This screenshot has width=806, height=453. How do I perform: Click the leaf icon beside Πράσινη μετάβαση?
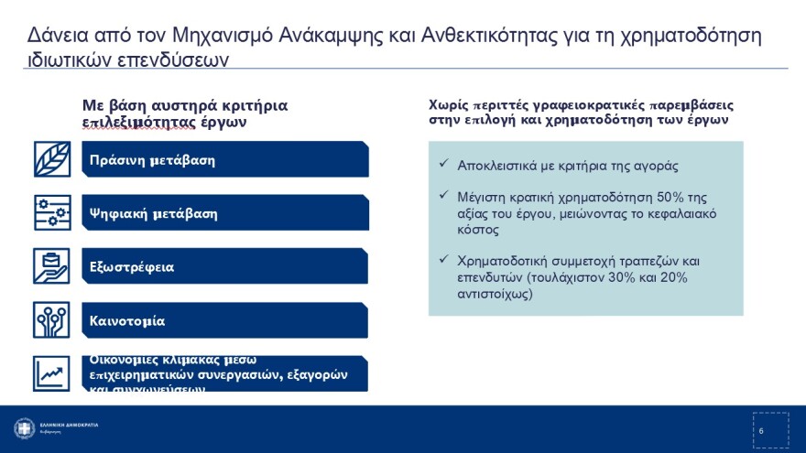tap(52, 159)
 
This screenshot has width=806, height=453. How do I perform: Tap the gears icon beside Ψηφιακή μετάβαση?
tap(52, 213)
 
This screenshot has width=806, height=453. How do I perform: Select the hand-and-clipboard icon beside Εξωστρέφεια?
tap(52, 266)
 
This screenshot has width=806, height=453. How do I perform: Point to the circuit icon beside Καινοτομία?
tap(52, 320)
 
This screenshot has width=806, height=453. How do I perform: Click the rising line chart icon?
tap(52, 373)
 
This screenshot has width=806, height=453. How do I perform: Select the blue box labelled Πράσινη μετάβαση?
tap(225, 159)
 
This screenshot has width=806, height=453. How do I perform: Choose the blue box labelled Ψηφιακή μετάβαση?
tap(225, 213)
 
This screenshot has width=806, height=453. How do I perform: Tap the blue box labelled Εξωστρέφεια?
tap(225, 266)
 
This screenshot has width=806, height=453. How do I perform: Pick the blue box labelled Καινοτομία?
tap(225, 320)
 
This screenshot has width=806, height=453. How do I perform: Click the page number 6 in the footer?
tap(761, 431)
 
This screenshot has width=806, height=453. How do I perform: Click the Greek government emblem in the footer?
tap(24, 428)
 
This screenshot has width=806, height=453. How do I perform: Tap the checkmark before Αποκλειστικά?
tap(443, 166)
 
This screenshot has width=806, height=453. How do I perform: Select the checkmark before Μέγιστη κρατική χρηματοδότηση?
tap(443, 197)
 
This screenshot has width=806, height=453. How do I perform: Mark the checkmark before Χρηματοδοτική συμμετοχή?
tap(443, 260)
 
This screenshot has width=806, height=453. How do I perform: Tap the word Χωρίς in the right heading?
tap(448, 104)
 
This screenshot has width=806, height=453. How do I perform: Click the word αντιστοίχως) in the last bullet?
tap(495, 295)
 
